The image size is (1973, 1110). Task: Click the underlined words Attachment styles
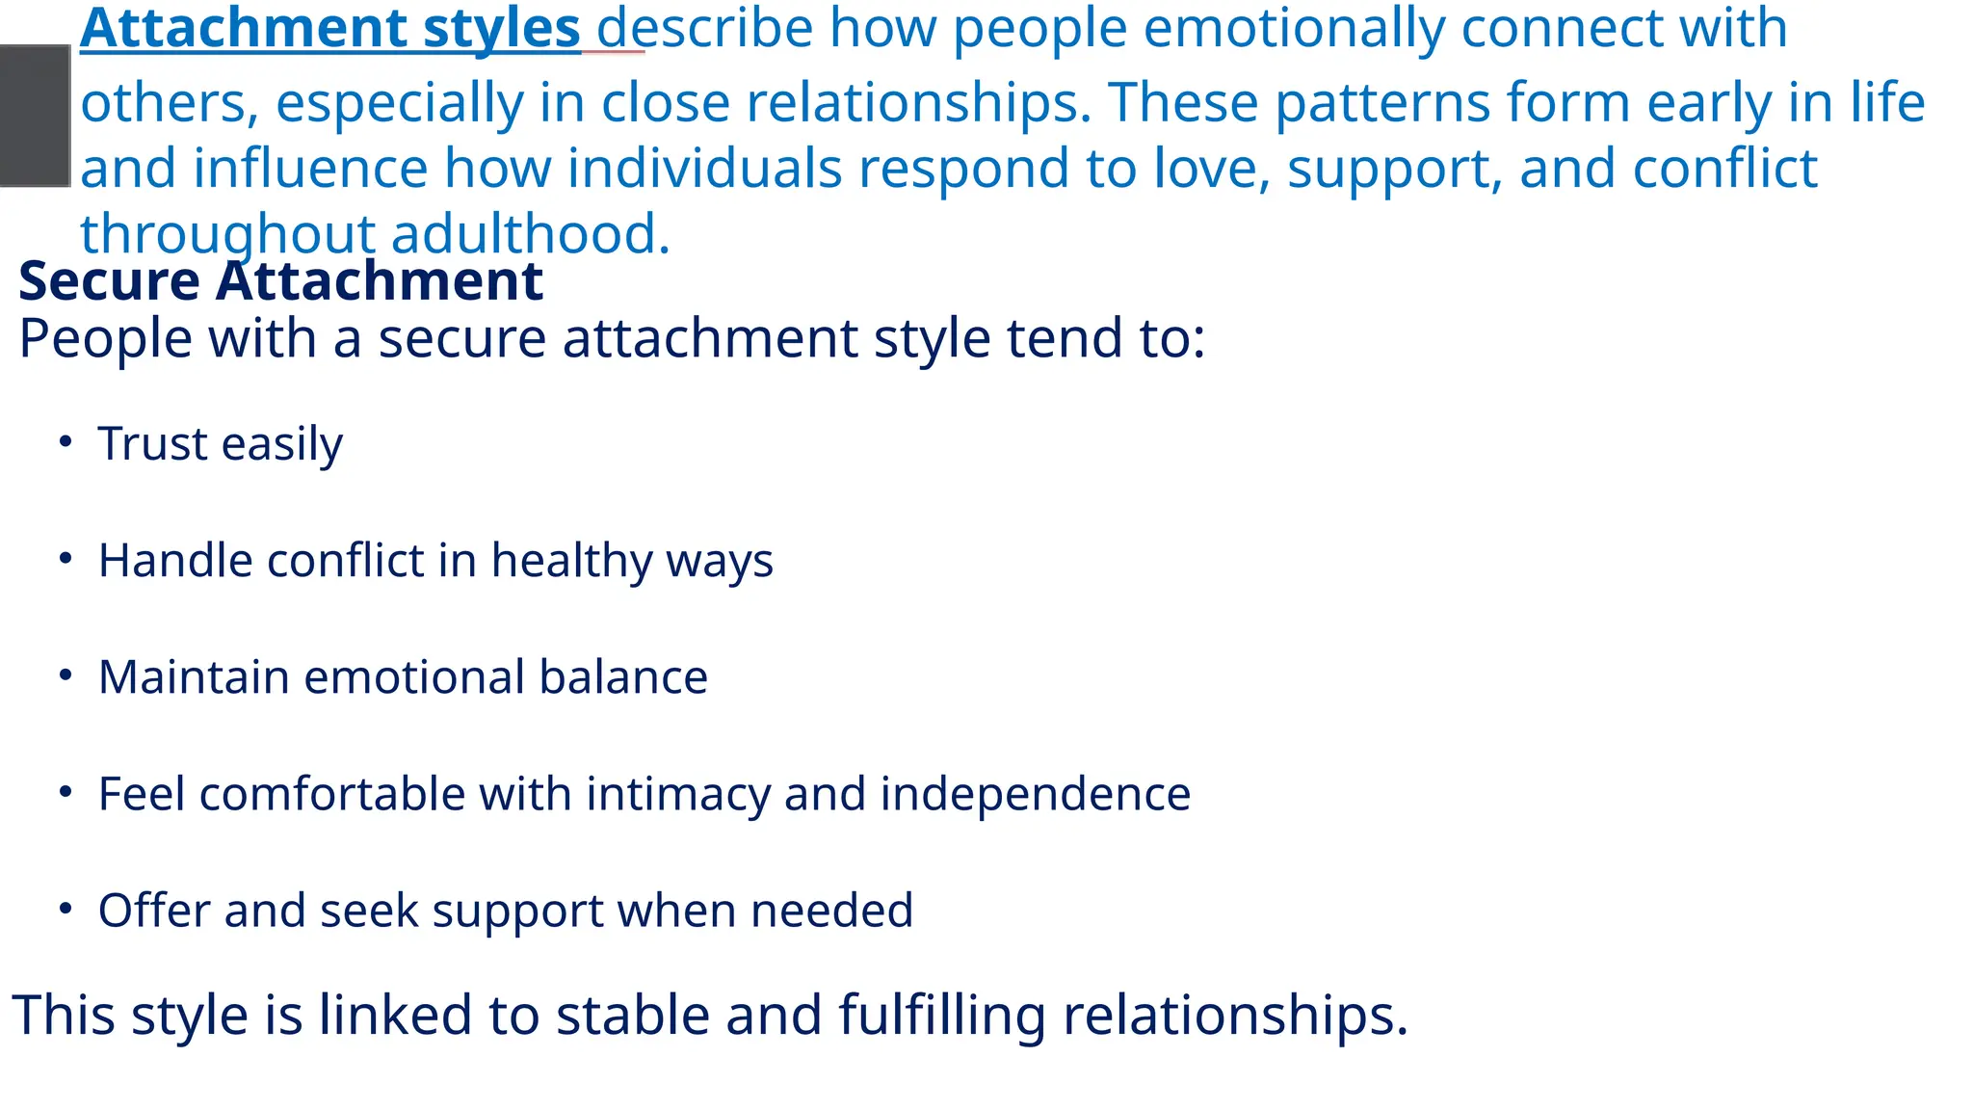click(x=329, y=29)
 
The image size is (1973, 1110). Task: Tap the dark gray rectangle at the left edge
click(x=35, y=116)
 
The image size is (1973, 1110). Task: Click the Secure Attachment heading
click(x=280, y=281)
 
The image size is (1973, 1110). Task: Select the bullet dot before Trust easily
click(x=66, y=441)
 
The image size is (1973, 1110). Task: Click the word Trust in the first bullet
click(x=152, y=444)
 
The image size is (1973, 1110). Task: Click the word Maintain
click(x=194, y=677)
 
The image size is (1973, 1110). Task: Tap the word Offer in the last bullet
click(x=154, y=911)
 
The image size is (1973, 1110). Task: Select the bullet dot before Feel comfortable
click(x=66, y=792)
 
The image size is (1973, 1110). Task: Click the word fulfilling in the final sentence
click(x=942, y=1017)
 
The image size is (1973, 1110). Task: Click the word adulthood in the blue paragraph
click(x=530, y=234)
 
